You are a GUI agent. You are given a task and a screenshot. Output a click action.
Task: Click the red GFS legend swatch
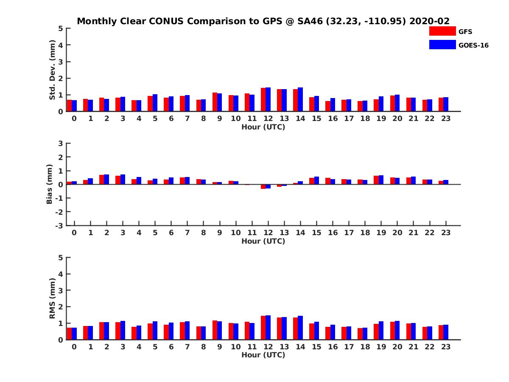coord(442,31)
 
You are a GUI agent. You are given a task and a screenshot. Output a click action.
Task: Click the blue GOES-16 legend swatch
coord(442,45)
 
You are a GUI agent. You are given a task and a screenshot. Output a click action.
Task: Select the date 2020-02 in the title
coord(429,21)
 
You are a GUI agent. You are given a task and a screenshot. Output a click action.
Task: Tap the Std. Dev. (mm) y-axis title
coord(52,70)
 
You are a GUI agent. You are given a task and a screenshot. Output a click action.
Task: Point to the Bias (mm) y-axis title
coord(50,184)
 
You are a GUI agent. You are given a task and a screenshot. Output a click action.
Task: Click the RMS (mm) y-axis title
coord(52,298)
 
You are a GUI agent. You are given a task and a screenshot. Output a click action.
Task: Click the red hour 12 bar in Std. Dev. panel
coord(263,100)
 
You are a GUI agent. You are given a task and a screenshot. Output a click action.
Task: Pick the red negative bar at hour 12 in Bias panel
coord(263,186)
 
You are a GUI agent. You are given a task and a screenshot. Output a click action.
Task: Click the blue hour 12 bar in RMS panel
coord(268,328)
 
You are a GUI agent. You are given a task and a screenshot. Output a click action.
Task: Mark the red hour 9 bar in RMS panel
coord(215,330)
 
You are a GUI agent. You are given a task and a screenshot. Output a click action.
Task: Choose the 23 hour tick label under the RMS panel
coord(446,347)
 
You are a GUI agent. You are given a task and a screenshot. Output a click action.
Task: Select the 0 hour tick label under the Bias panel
coord(74,233)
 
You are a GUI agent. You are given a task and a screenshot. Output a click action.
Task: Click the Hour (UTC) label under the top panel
coord(263,126)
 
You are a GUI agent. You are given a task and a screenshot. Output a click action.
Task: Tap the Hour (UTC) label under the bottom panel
coord(263,355)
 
